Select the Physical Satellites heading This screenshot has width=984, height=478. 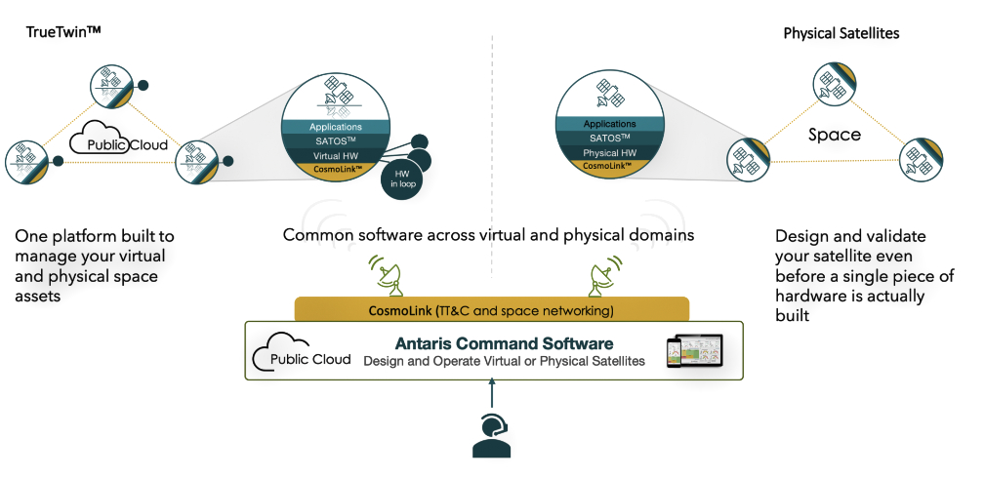coord(841,33)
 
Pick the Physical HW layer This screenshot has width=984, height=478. coord(609,154)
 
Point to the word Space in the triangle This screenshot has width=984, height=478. coord(835,135)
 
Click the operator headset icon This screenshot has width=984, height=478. coord(491,436)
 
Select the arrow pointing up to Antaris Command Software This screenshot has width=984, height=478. coord(491,395)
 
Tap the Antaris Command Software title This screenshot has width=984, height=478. coord(504,343)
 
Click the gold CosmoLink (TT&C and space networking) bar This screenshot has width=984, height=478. coord(491,311)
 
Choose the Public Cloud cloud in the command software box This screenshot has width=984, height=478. coord(301,357)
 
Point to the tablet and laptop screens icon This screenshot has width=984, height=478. coord(694,350)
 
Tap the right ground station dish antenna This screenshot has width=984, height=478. coord(601,276)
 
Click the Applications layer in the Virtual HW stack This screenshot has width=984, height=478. coord(336,127)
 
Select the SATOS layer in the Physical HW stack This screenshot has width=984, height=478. coord(609,139)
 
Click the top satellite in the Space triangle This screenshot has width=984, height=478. coord(833,84)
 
